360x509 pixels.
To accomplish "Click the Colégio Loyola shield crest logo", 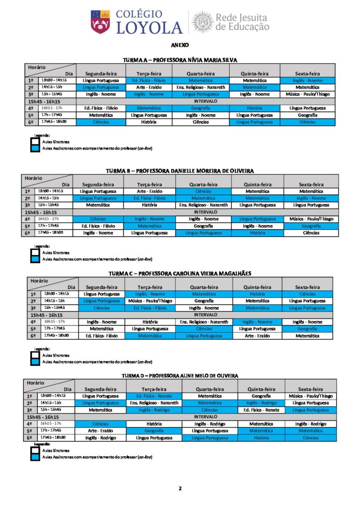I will click(x=100, y=22).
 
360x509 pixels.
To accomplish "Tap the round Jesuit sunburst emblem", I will click(x=202, y=22).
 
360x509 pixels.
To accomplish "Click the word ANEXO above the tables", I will click(x=180, y=45).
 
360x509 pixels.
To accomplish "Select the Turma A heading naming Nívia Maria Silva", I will click(x=180, y=60).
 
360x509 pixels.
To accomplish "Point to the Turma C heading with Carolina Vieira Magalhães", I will click(x=180, y=273).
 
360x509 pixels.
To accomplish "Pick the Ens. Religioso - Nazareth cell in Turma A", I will click(x=200, y=87).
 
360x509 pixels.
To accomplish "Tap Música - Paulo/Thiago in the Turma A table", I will click(x=307, y=94).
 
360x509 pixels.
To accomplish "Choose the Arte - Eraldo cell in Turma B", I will click(x=149, y=191).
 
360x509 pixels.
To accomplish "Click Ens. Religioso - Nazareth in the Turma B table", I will click(x=203, y=205).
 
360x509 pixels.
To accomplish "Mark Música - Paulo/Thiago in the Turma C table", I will click(x=150, y=301).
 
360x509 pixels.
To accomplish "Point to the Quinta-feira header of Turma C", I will click(x=258, y=287).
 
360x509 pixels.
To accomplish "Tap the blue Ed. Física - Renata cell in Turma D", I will click(x=154, y=396).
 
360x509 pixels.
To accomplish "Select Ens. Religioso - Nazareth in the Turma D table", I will click(x=154, y=403).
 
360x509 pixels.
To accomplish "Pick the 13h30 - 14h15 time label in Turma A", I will click(x=54, y=80).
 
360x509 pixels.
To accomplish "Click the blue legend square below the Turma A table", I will click(x=35, y=148).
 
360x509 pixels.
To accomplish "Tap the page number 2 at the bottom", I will click(x=180, y=488).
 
